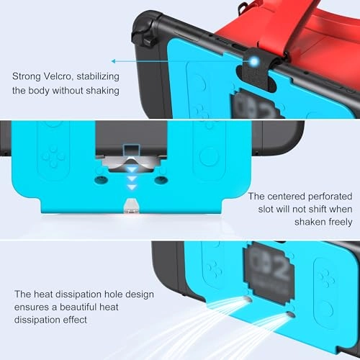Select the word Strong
(27, 77)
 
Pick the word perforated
(330, 197)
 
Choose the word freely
(341, 222)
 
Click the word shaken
(310, 222)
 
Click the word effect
(75, 320)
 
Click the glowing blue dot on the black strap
(254, 62)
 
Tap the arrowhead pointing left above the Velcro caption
(113, 61)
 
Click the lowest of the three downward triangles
(132, 187)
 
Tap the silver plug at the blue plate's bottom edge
(130, 206)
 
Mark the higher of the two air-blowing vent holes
(247, 300)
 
